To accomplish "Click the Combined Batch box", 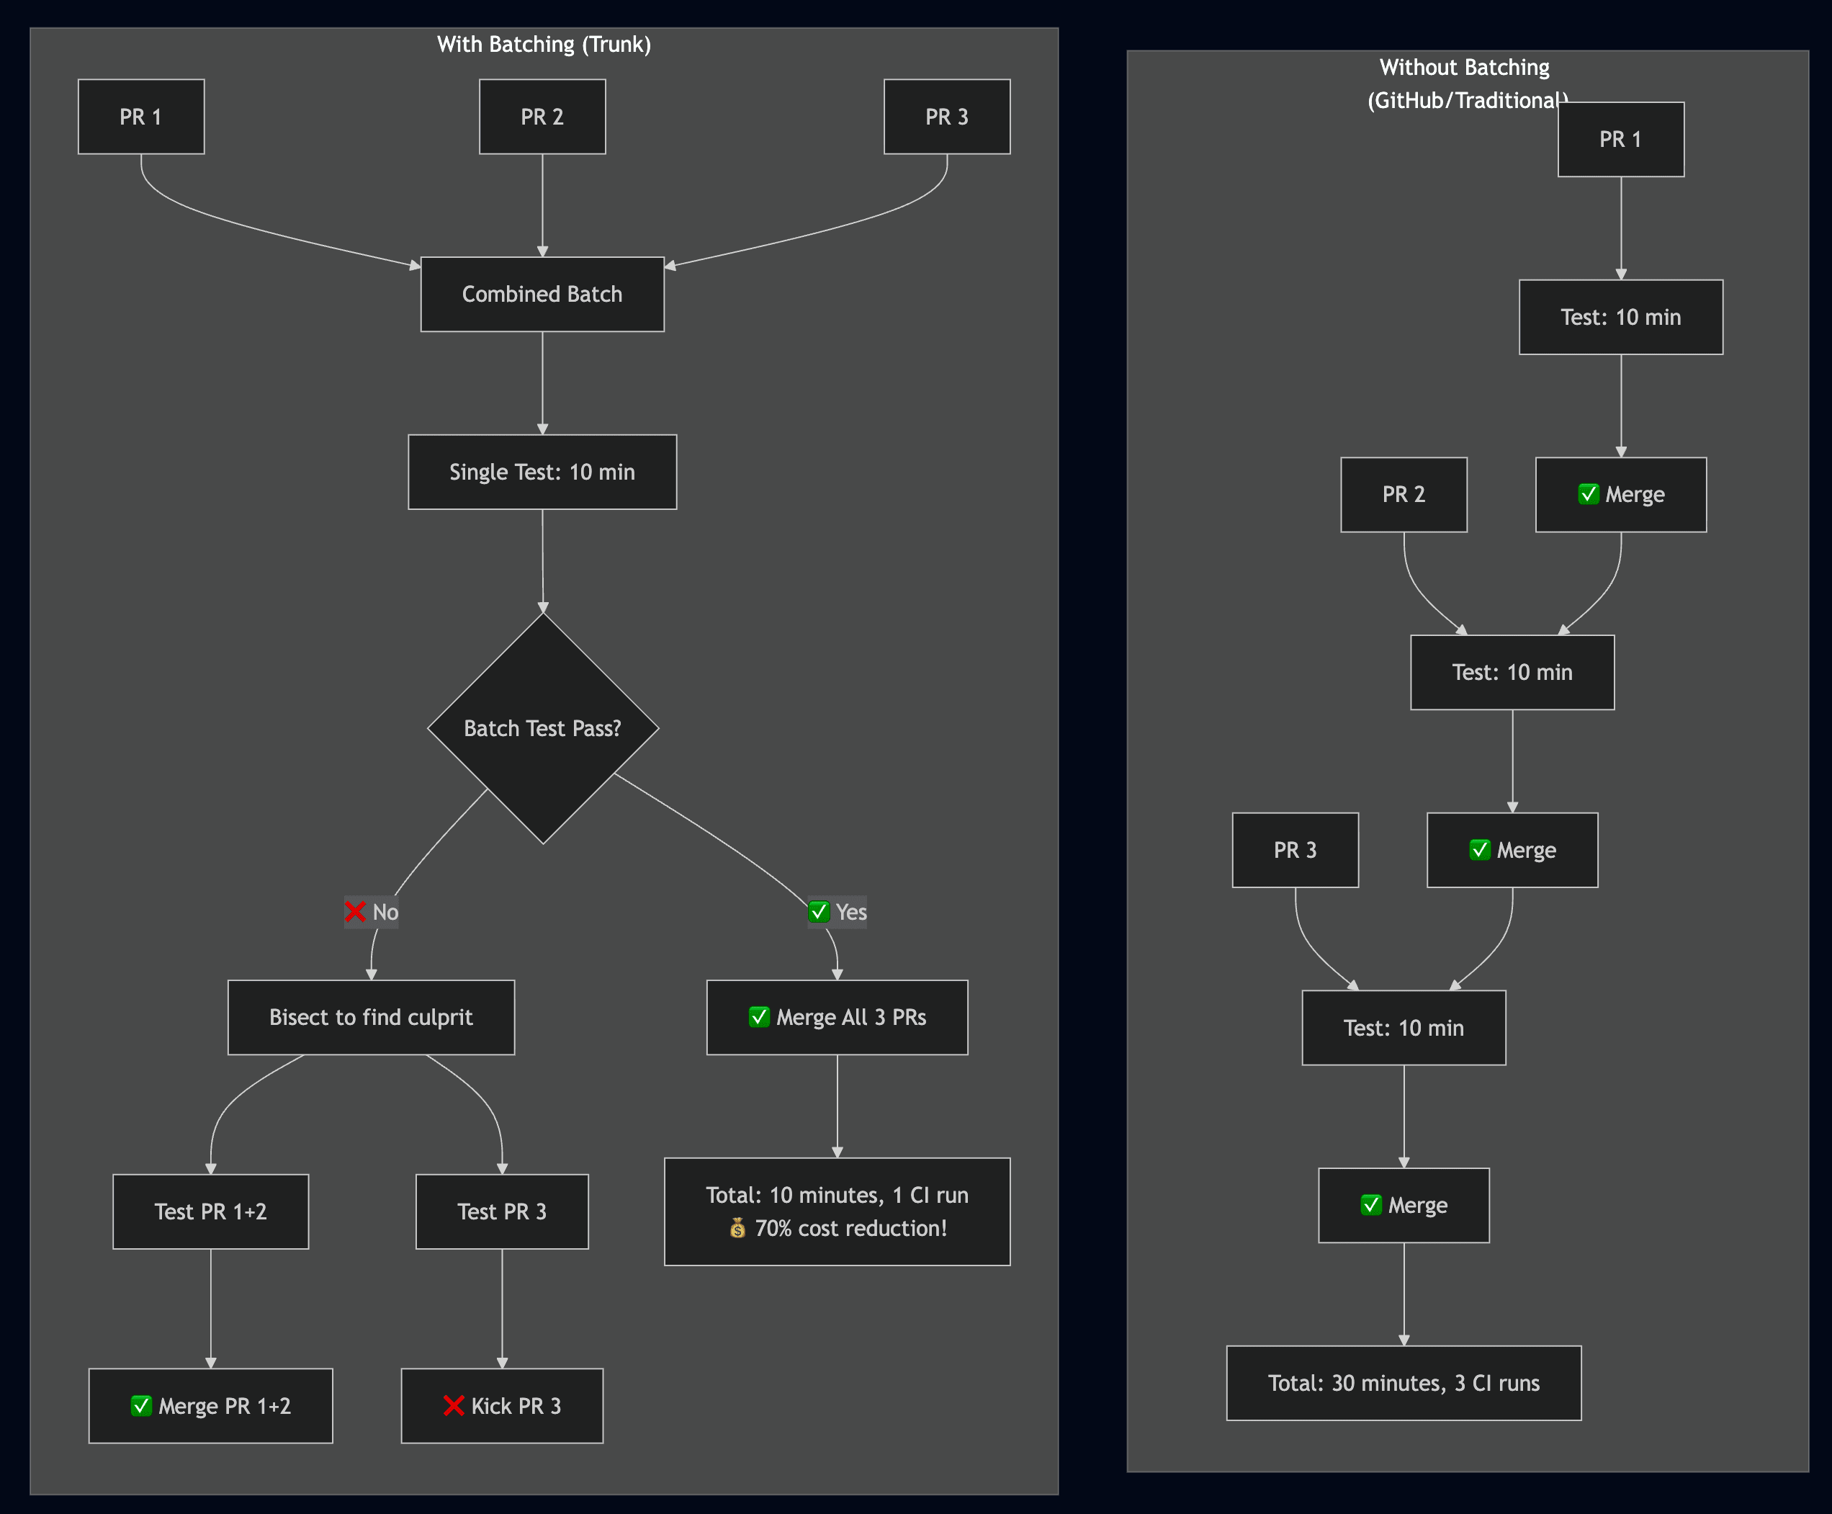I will pyautogui.click(x=542, y=294).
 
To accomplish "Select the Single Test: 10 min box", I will pyautogui.click(x=542, y=472).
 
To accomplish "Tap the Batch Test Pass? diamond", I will pyautogui.click(x=542, y=728).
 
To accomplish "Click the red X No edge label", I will pyautogui.click(x=372, y=913).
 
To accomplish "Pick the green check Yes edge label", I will pyautogui.click(x=837, y=913).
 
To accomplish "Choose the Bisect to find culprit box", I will pyautogui.click(x=371, y=1017).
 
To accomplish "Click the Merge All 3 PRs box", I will pyautogui.click(x=837, y=1017).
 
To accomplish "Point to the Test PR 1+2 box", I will pyautogui.click(x=210, y=1211).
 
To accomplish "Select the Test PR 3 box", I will pyautogui.click(x=501, y=1211).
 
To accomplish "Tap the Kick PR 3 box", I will pyautogui.click(x=501, y=1406).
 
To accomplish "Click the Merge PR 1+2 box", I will pyautogui.click(x=210, y=1406).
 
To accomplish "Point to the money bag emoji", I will pyautogui.click(x=737, y=1228).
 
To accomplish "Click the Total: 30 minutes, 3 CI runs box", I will pyautogui.click(x=1403, y=1383).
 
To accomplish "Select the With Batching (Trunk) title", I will pyautogui.click(x=543, y=45).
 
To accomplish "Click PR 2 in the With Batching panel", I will pyautogui.click(x=542, y=117).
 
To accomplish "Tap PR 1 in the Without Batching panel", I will pyautogui.click(x=1620, y=140).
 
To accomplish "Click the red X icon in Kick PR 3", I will pyautogui.click(x=454, y=1406).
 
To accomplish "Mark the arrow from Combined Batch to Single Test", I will pyautogui.click(x=542, y=384).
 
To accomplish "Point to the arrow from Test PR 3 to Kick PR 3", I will pyautogui.click(x=501, y=1308).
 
